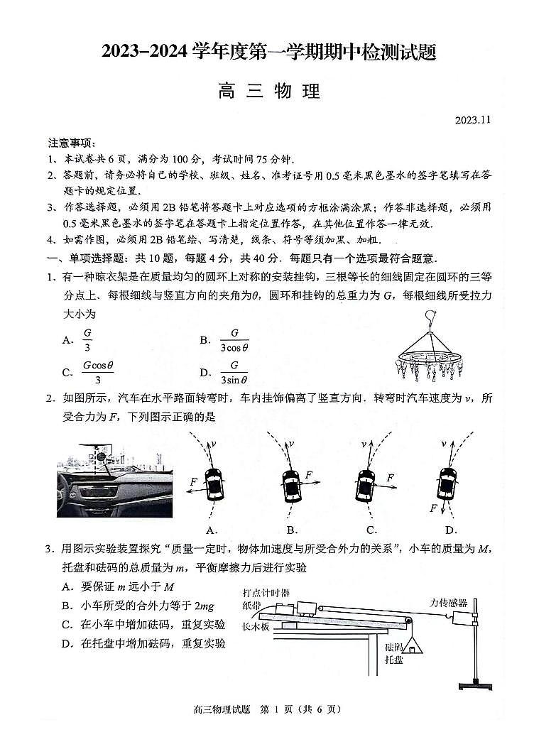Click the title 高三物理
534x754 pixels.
pos(269,91)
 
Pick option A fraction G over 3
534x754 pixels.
pos(87,339)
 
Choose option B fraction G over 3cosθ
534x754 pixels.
pos(233,339)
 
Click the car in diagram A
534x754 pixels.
pos(212,485)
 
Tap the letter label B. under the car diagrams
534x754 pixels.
pos(292,530)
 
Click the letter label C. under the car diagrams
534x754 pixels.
pos(371,530)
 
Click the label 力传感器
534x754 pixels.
pos(449,602)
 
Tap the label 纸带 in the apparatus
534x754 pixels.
pos(252,606)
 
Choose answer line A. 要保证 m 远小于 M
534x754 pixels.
pos(118,586)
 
